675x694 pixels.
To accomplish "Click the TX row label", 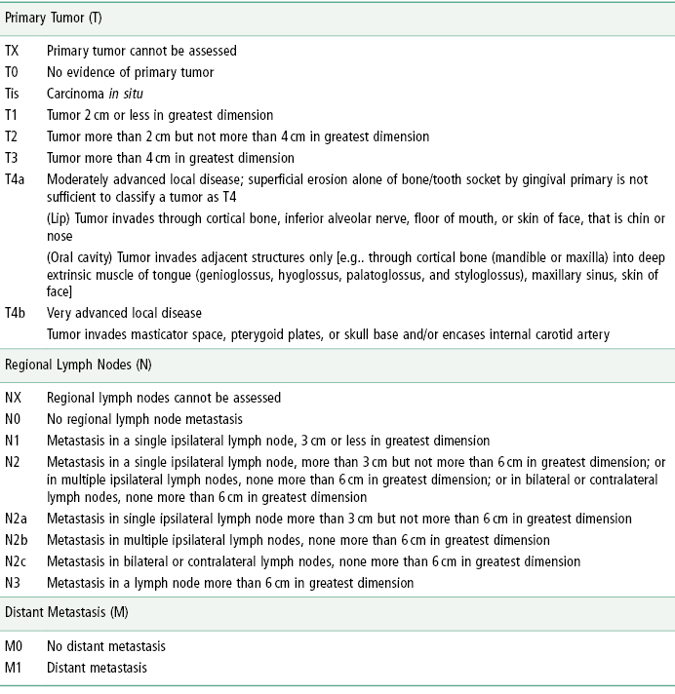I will (12, 51).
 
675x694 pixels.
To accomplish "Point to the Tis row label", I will (13, 94).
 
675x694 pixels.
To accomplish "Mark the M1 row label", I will (13, 667).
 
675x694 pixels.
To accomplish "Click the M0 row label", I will (13, 645).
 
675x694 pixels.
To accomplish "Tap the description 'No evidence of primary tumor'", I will (130, 72).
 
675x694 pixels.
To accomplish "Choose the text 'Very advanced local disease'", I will (124, 313).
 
